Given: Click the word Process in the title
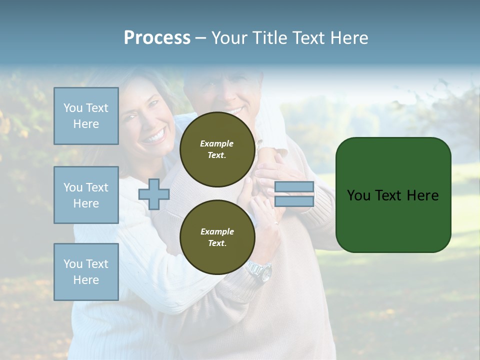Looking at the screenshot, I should click(x=157, y=38).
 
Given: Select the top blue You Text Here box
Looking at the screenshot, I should click(x=86, y=116).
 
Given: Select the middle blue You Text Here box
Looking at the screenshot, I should click(x=86, y=195).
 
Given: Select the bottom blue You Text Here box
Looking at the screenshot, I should click(x=86, y=272).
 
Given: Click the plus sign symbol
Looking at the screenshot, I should click(x=154, y=194).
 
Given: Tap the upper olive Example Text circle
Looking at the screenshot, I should click(x=217, y=149).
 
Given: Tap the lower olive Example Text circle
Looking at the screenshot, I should click(x=217, y=237).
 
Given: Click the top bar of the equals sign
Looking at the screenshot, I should click(x=294, y=187).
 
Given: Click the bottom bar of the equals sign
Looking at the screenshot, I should click(x=294, y=201).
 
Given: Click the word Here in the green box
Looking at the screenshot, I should click(x=422, y=195).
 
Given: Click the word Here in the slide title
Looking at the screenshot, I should click(x=349, y=38).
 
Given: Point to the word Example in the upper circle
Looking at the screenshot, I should click(x=217, y=143).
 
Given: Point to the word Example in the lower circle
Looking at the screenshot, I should click(x=217, y=231).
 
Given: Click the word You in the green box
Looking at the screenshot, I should click(x=358, y=195).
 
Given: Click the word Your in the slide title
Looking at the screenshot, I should click(x=229, y=38).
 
